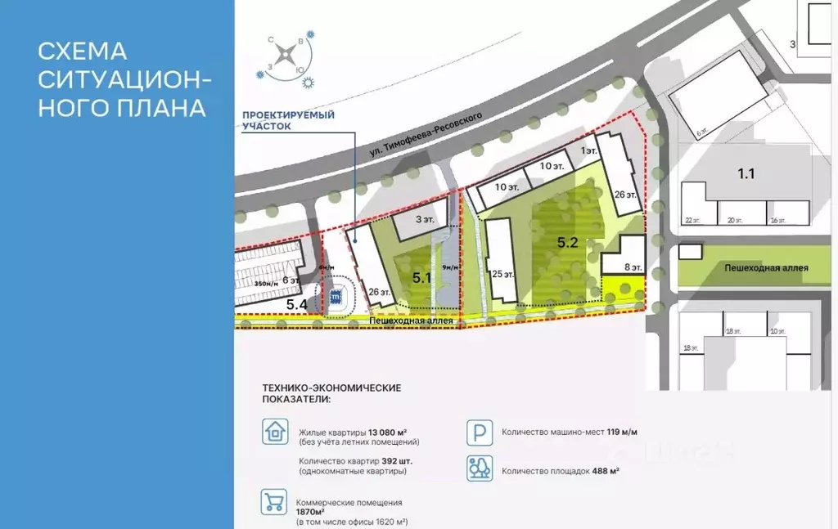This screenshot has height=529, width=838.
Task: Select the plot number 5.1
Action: click(x=422, y=277)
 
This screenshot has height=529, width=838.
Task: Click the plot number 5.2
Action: click(x=568, y=242)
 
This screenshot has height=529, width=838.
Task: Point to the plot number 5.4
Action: click(x=297, y=304)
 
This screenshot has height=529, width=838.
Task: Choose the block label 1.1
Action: click(x=746, y=173)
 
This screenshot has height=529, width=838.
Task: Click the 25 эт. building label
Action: click(x=503, y=275)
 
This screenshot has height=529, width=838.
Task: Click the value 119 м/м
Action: click(x=604, y=433)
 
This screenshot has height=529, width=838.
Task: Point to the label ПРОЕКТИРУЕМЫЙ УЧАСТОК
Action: click(x=288, y=120)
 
